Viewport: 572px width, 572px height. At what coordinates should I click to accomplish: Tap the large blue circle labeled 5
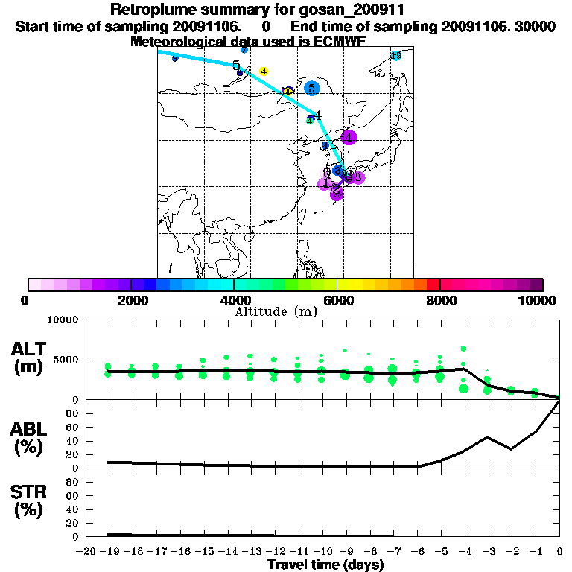pyautogui.click(x=311, y=88)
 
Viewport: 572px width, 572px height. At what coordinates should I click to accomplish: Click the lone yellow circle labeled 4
pyautogui.click(x=263, y=71)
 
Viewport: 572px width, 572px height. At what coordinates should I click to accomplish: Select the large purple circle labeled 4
pyautogui.click(x=349, y=137)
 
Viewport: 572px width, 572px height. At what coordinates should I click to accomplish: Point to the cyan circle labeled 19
pyautogui.click(x=396, y=55)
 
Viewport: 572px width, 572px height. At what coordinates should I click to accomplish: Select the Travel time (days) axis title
pyautogui.click(x=325, y=565)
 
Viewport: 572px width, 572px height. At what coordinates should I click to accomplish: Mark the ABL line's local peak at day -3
pyautogui.click(x=488, y=437)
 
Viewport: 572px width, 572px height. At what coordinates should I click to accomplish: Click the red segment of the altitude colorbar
pyautogui.click(x=433, y=285)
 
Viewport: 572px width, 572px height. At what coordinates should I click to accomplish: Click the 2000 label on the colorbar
pyautogui.click(x=130, y=300)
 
